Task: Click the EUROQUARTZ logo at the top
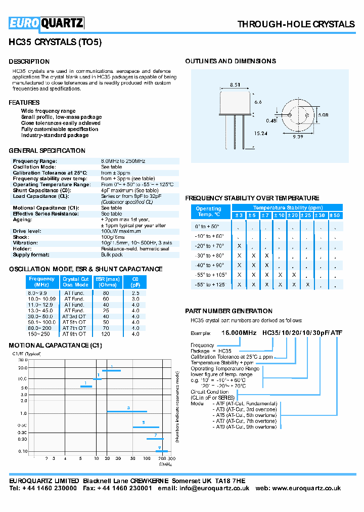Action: (46, 23)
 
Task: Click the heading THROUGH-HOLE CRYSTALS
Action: (296, 24)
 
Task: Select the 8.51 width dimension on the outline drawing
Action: (235, 85)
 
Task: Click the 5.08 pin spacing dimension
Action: (323, 115)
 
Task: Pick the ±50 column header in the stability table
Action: (335, 216)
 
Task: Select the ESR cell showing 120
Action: (106, 334)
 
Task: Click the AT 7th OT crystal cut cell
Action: (74, 328)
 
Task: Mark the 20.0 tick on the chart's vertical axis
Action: (23, 368)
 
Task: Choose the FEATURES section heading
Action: (24, 103)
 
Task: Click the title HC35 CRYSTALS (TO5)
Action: (56, 43)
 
